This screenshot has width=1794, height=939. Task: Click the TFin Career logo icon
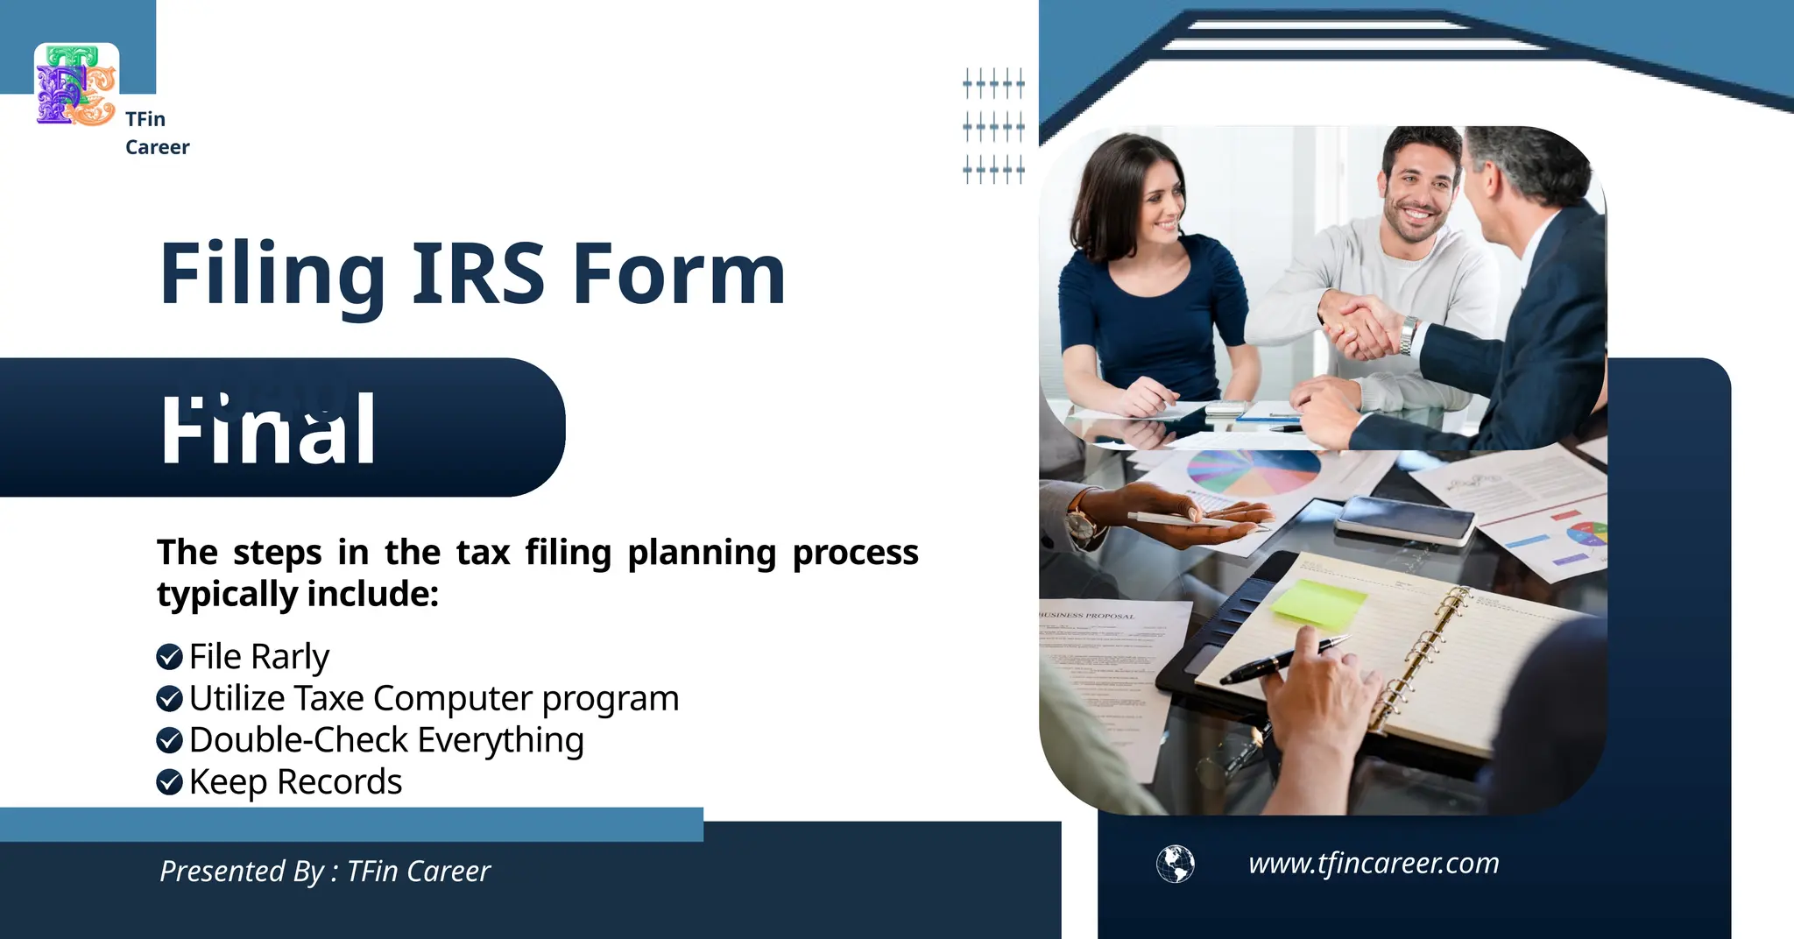point(76,85)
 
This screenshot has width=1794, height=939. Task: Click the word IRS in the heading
point(477,274)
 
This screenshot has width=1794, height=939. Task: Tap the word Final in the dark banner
point(269,430)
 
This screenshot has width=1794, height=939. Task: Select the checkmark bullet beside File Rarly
point(169,656)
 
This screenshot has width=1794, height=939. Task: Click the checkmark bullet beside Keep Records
point(169,781)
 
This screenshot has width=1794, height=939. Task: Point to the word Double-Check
point(298,740)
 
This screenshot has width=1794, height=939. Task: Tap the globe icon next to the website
point(1175,864)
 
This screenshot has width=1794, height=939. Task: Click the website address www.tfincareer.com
point(1373,864)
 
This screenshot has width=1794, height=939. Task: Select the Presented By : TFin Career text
point(325,872)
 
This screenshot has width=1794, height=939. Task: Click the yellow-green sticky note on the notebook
point(1319,603)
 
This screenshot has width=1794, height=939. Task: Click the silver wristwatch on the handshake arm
point(1409,336)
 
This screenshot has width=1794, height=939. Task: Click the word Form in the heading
point(679,274)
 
